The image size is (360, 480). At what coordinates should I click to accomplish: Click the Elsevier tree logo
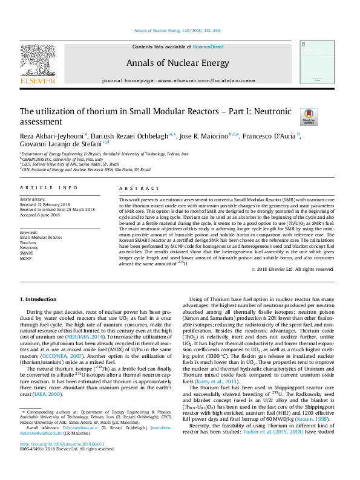38,60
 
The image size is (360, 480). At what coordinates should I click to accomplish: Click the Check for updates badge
291,117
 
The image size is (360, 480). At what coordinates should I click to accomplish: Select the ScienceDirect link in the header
208,47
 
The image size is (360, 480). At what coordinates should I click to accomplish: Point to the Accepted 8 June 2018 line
40,215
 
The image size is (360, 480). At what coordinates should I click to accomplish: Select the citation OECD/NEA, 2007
65,356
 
